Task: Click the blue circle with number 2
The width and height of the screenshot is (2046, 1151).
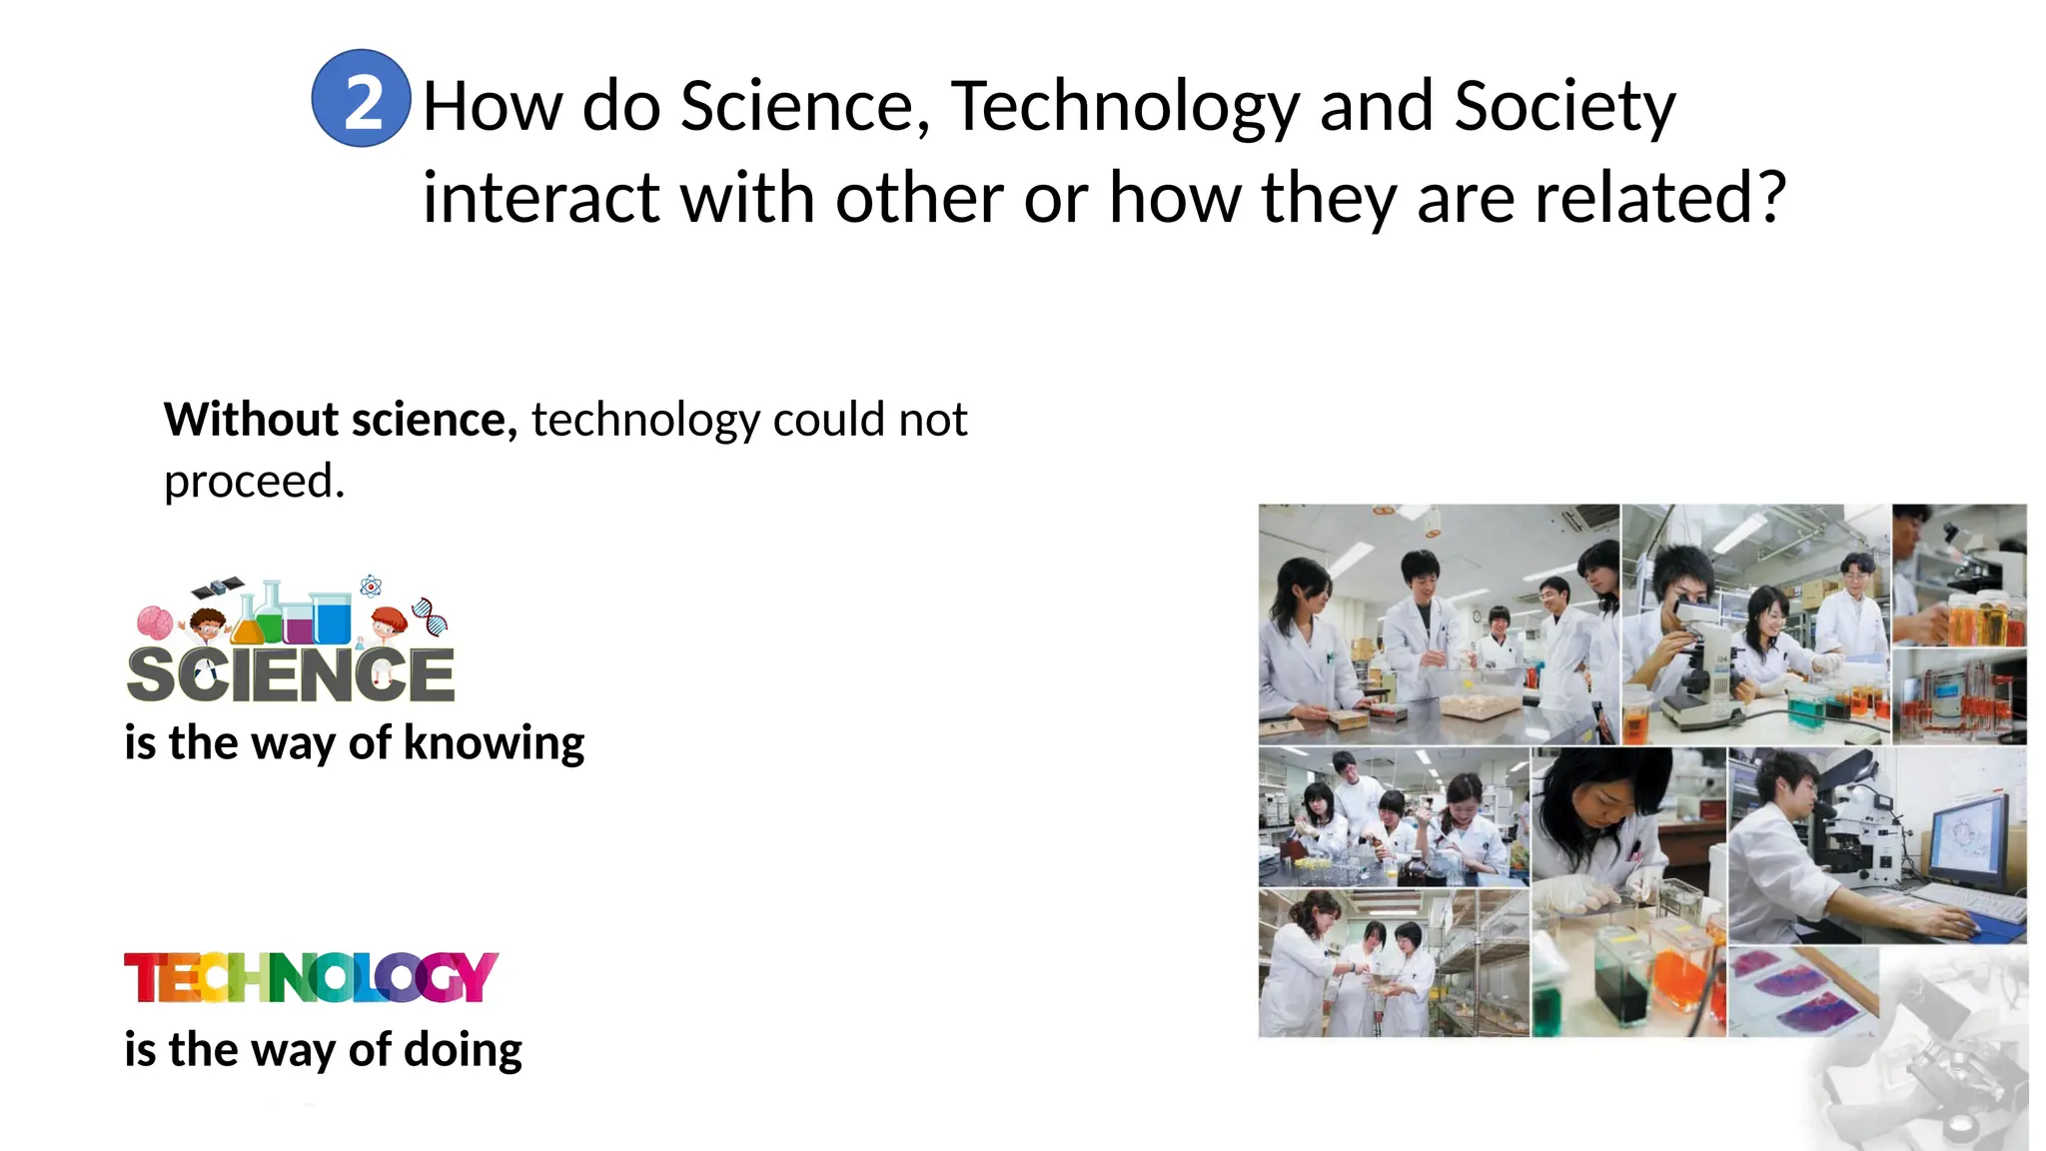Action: coord(361,98)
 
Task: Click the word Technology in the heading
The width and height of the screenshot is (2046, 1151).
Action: coord(1124,105)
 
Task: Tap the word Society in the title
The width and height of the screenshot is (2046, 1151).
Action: coord(1564,105)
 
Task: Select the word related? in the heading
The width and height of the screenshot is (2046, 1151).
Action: coord(1659,197)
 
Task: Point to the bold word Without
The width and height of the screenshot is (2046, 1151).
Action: coord(251,419)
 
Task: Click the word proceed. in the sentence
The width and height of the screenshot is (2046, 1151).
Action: coord(254,481)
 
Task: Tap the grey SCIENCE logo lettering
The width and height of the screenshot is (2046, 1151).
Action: coord(291,674)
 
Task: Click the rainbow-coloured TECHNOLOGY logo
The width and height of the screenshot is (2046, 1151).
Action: coord(311,977)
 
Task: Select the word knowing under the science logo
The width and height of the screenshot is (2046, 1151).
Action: coord(494,743)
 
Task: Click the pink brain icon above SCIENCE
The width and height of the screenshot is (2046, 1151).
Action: coord(155,622)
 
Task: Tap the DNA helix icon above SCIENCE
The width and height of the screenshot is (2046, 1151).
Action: coord(431,615)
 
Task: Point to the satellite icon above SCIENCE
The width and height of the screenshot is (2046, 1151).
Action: coord(218,586)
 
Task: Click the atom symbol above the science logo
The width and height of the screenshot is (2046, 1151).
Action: coord(371,585)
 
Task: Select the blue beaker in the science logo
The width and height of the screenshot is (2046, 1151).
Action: coord(331,618)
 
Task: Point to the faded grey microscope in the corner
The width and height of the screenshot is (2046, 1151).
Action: coord(1928,1069)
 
